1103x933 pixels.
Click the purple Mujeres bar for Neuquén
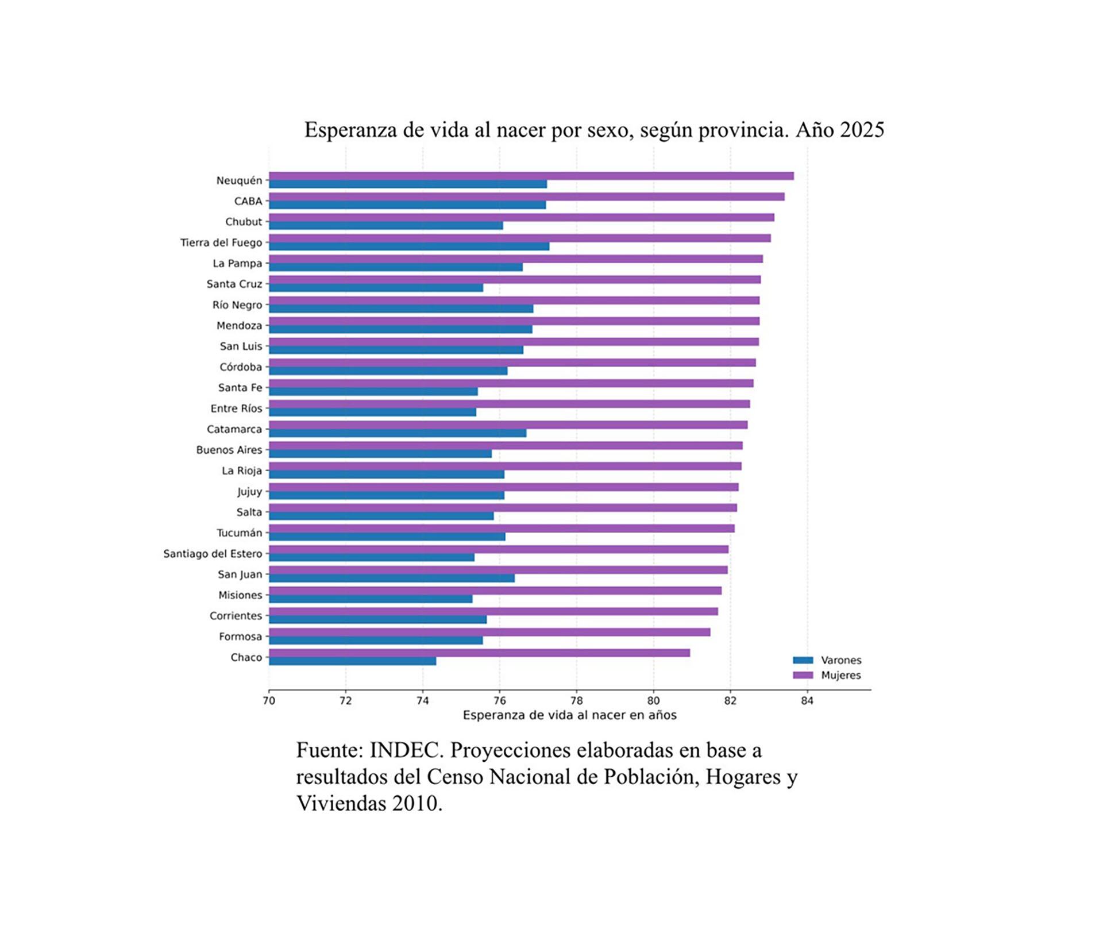[531, 176]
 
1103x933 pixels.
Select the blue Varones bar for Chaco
[352, 661]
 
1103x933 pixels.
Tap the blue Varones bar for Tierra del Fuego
[408, 246]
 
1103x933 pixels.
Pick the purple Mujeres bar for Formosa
[489, 632]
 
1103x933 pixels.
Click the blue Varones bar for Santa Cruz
[376, 288]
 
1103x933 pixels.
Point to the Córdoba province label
[240, 367]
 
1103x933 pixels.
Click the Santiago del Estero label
[213, 553]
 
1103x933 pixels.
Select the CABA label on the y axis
[248, 201]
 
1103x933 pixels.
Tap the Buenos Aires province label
[229, 450]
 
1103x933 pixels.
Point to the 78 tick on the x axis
[576, 700]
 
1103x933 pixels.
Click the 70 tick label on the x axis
[268, 700]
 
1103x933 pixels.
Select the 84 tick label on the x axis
[807, 700]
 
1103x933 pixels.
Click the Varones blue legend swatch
[803, 660]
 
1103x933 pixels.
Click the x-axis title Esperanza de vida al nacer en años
[569, 715]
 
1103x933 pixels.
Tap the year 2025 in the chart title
[862, 130]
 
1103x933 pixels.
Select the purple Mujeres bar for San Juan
[497, 570]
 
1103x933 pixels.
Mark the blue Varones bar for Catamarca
[397, 433]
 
